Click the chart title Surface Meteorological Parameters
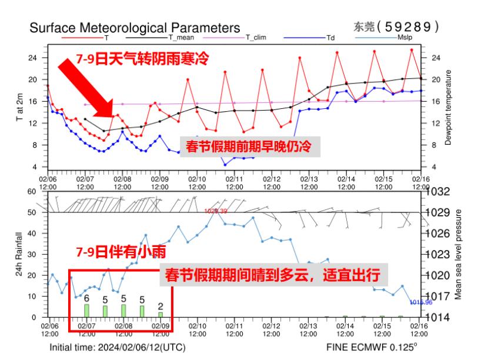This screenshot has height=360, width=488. click(135, 28)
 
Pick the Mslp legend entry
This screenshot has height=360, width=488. click(406, 37)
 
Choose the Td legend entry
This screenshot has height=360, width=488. click(330, 37)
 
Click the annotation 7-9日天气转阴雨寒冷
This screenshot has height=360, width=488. click(143, 59)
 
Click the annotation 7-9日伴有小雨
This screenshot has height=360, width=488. click(121, 252)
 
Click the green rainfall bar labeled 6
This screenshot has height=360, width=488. click(86, 311)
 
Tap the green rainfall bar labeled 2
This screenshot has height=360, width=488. click(161, 314)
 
